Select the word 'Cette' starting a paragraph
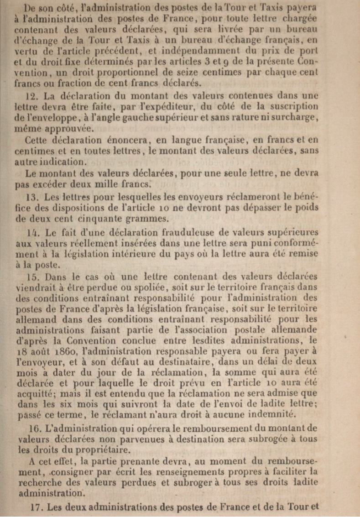[38, 140]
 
